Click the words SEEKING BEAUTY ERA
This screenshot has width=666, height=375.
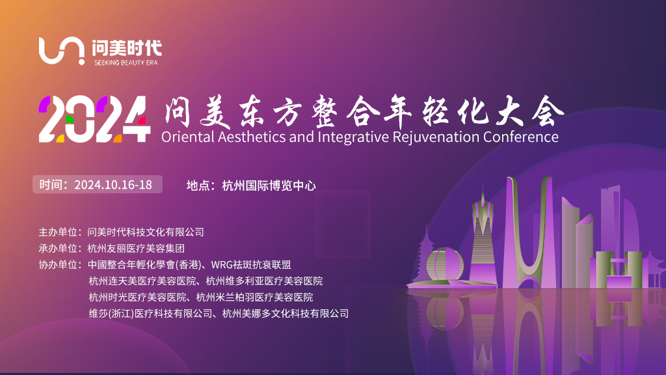(x=126, y=62)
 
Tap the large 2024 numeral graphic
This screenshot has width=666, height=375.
(x=94, y=119)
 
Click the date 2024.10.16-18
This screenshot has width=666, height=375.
(x=113, y=184)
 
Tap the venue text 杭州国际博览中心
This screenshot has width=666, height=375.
(x=269, y=186)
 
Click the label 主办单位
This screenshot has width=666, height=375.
(x=58, y=232)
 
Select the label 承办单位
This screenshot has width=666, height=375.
(x=58, y=248)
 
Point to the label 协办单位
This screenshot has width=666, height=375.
(x=58, y=264)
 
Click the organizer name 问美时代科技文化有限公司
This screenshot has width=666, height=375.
(x=146, y=232)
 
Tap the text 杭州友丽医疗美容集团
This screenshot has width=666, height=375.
(x=136, y=248)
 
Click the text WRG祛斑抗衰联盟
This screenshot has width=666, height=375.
(x=251, y=264)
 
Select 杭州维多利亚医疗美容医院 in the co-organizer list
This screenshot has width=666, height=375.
(x=264, y=281)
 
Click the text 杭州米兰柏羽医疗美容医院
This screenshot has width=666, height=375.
(x=254, y=297)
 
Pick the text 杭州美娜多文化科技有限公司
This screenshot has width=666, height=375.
(x=286, y=313)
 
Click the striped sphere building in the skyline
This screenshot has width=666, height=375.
(x=444, y=265)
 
